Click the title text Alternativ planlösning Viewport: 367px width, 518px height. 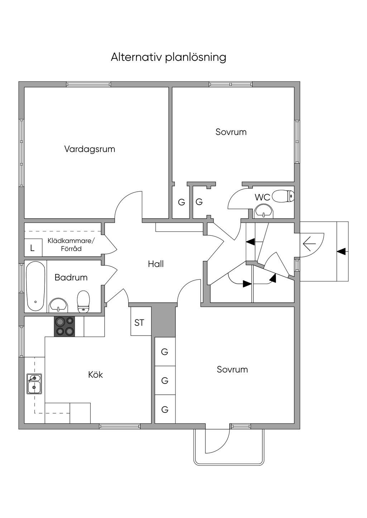168,57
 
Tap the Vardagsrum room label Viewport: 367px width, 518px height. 90,149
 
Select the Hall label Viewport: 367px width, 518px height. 156,264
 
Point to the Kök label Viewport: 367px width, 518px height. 96,375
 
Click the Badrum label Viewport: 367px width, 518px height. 71,277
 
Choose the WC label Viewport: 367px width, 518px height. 262,197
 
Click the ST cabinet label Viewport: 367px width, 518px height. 139,323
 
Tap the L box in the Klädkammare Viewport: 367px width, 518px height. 32,248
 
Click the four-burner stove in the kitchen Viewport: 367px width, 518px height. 65,327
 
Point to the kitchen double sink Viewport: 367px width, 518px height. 34,384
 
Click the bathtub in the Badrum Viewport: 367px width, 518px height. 35,286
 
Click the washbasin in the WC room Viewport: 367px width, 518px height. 263,211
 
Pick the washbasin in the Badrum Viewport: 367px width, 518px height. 58,305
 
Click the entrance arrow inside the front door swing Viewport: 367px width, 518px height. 309,244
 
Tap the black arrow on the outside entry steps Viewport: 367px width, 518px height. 342,251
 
